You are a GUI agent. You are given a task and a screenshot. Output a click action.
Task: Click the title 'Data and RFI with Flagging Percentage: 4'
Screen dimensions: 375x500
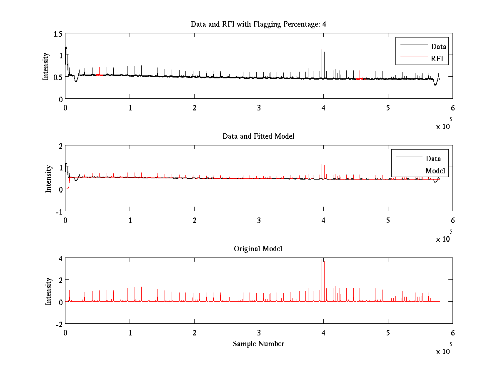point(258,24)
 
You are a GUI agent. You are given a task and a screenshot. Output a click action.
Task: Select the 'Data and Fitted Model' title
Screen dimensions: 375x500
point(258,136)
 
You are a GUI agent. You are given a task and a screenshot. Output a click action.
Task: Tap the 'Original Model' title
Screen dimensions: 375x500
point(258,249)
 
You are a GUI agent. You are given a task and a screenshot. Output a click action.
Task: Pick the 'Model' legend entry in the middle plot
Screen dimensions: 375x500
point(435,170)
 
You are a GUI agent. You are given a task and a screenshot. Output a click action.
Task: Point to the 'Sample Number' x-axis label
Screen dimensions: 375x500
point(258,344)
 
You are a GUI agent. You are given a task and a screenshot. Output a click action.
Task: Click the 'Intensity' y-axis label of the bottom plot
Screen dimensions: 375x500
point(49,291)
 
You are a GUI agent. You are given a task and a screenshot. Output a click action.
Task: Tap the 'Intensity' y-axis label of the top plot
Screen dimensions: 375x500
point(46,66)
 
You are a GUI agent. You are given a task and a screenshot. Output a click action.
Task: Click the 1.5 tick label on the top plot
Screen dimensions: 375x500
point(58,34)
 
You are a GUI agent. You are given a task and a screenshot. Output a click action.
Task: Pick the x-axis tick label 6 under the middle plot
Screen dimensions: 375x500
point(452,220)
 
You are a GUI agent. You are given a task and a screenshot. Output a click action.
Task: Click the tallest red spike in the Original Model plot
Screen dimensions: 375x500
point(322,260)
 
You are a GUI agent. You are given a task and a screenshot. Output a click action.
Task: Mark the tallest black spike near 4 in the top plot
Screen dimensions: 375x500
point(322,50)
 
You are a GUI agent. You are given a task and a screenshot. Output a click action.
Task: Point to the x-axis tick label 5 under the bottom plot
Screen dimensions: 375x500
point(388,332)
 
